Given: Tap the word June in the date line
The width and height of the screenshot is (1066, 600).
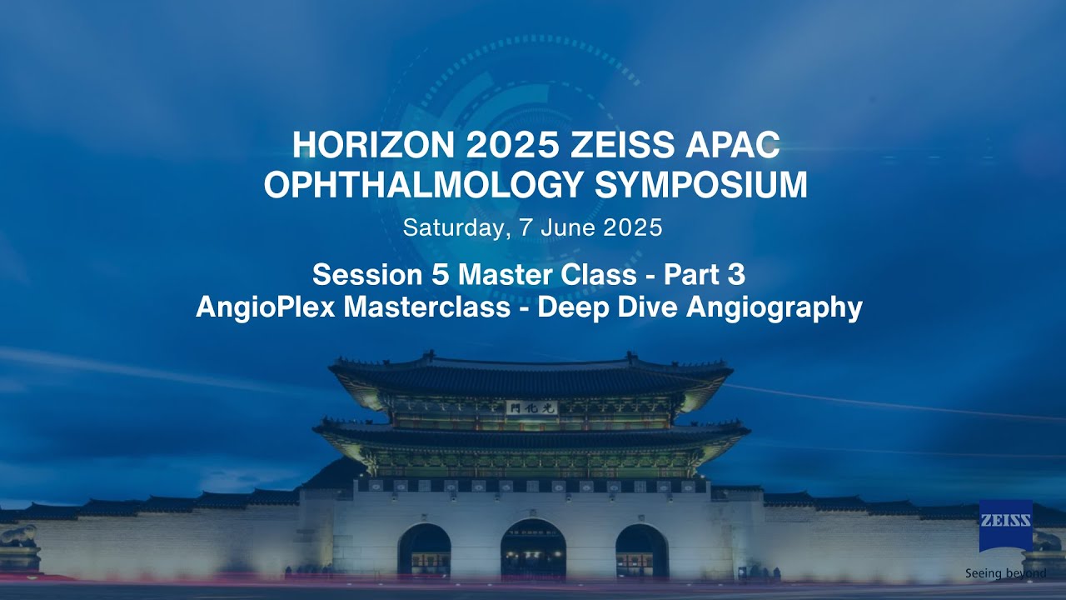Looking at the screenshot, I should pos(567,227).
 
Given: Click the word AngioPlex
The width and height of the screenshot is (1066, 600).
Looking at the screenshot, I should pos(266,307).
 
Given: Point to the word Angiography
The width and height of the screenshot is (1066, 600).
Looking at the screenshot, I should pos(774,307).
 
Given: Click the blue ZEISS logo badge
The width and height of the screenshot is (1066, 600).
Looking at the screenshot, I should pos(1006,525).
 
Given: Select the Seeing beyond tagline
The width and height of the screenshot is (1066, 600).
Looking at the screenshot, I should pos(1006,573).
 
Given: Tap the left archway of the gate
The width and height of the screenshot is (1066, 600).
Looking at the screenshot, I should pos(424,552).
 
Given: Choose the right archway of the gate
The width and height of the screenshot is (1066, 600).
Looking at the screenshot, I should pos(641,552).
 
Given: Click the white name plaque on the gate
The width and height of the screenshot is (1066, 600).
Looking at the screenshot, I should pos(531,407).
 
